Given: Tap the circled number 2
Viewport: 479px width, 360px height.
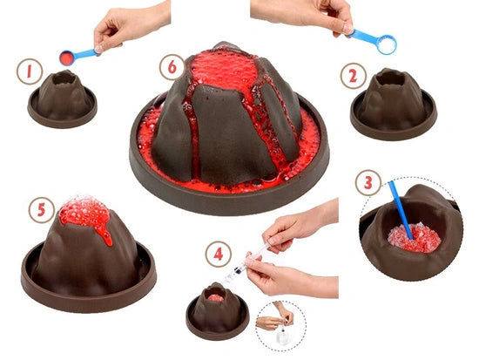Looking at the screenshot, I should (x=352, y=76).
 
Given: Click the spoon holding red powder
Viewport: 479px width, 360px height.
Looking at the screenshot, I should (x=66, y=58).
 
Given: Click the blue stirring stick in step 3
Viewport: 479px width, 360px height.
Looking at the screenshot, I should (x=400, y=208).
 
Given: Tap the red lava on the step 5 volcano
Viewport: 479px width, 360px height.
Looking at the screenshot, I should (x=84, y=215).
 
